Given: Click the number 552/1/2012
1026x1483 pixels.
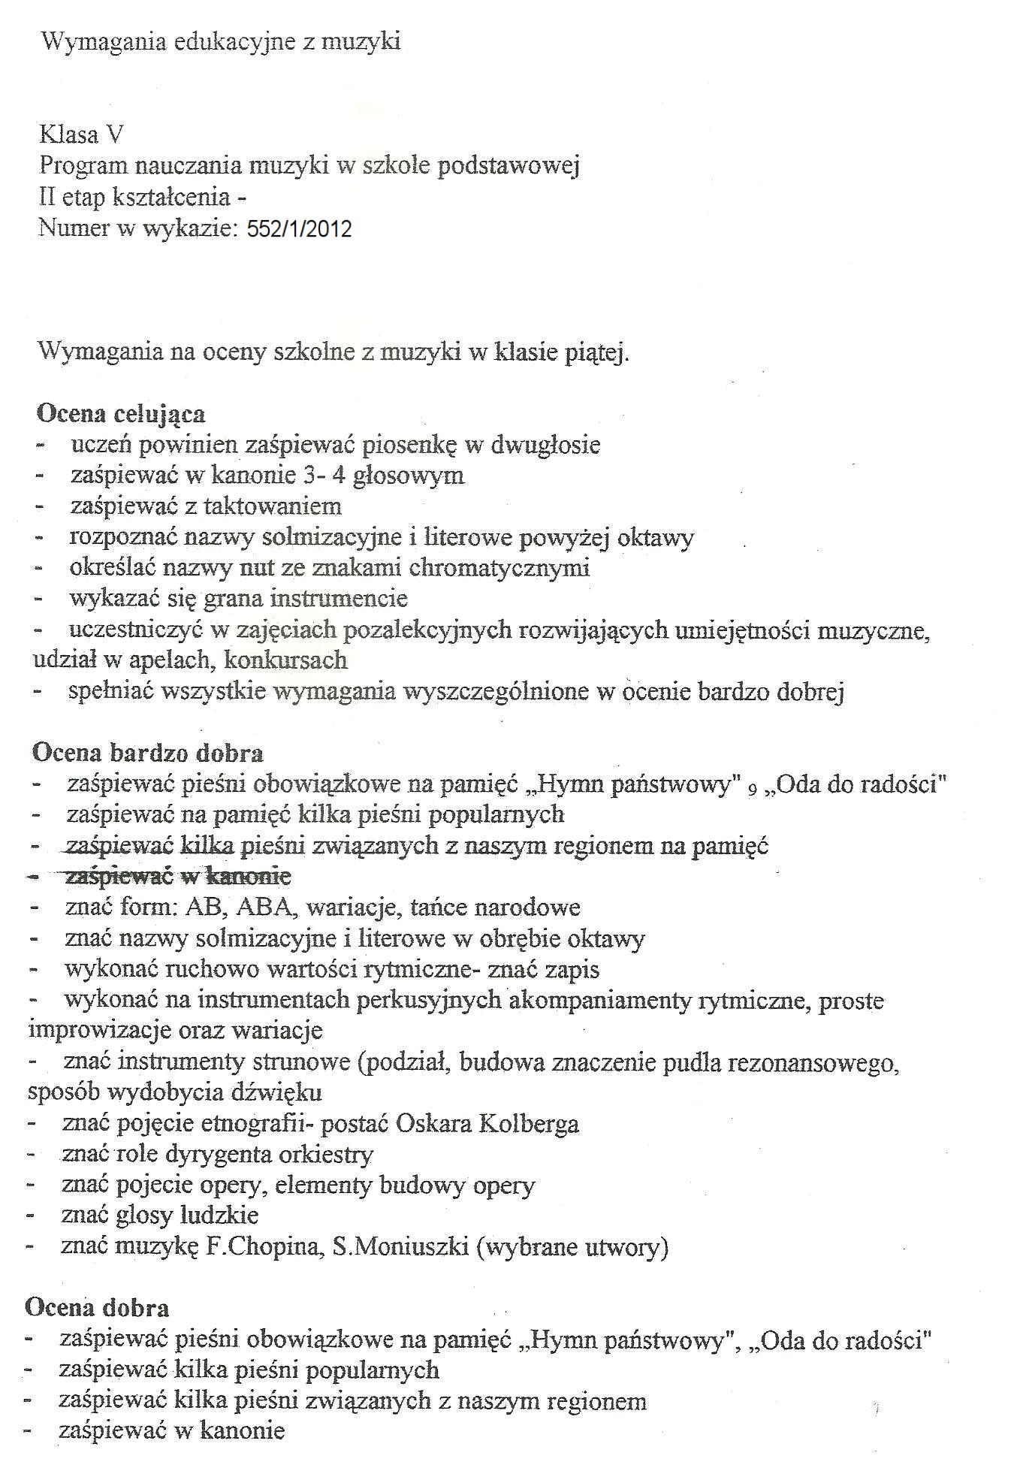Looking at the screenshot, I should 299,229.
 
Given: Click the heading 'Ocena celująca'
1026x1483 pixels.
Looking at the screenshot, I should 120,414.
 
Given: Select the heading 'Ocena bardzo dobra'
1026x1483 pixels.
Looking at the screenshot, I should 148,753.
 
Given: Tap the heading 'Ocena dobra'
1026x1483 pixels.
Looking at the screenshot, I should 97,1308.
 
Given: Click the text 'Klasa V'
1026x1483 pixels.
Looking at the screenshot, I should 81,135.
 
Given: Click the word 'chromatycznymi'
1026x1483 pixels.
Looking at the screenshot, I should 499,568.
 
